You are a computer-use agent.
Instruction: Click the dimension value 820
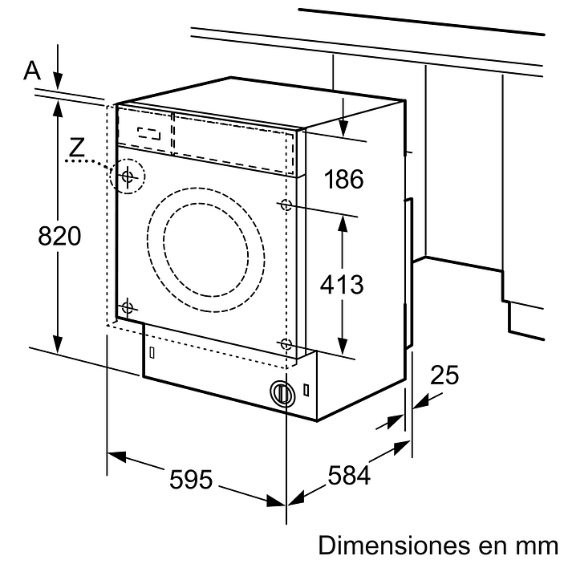pyautogui.click(x=60, y=237)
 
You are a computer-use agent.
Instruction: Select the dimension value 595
pyautogui.click(x=191, y=479)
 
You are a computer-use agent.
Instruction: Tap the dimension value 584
pyautogui.click(x=349, y=477)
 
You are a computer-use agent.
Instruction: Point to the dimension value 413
pyautogui.click(x=342, y=283)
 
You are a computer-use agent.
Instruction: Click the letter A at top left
pyautogui.click(x=31, y=71)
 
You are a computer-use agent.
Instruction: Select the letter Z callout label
pyautogui.click(x=76, y=147)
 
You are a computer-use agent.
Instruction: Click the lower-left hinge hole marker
pyautogui.click(x=127, y=307)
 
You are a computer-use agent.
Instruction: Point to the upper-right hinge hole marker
pyautogui.click(x=286, y=205)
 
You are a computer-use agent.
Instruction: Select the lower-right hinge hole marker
pyautogui.click(x=286, y=343)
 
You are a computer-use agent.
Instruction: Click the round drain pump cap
pyautogui.click(x=280, y=392)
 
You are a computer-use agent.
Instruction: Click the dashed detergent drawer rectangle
pyautogui.click(x=144, y=132)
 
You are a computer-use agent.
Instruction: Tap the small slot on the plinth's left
pyautogui.click(x=151, y=352)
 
